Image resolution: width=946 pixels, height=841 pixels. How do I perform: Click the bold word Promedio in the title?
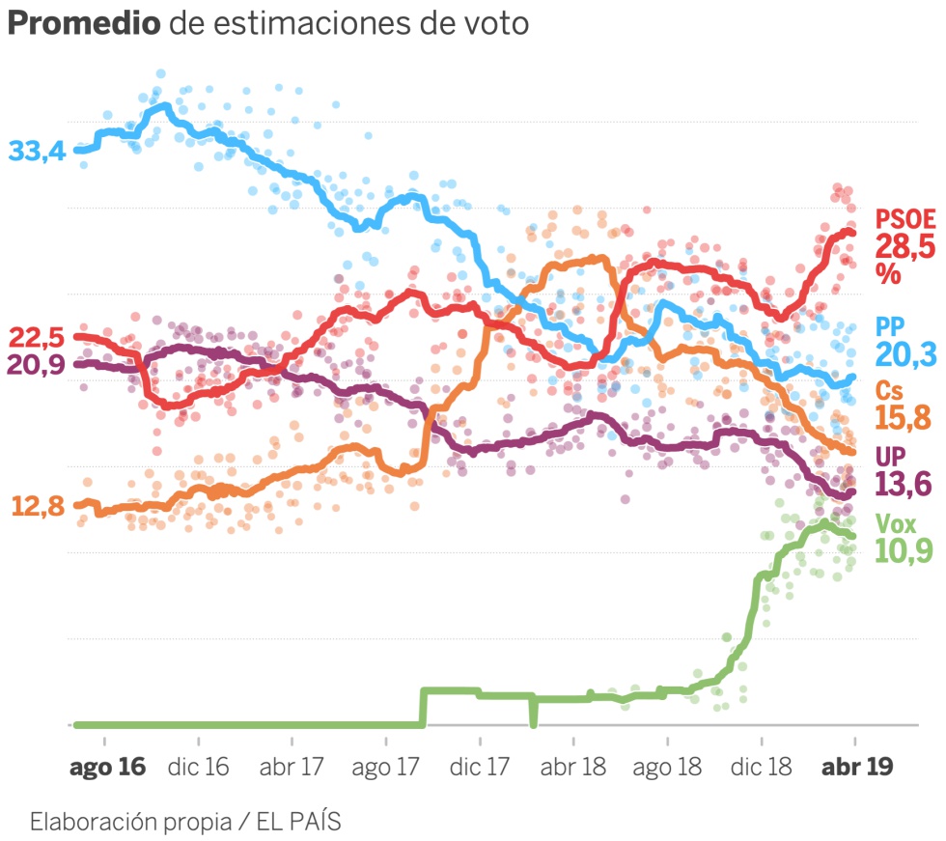coord(84,24)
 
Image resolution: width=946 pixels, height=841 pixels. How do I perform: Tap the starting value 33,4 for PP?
coord(37,152)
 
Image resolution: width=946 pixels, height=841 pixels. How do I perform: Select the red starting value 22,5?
coord(37,338)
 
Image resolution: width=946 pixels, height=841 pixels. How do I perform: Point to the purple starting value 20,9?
coord(37,365)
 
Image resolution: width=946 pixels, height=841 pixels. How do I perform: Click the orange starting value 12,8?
coord(37,505)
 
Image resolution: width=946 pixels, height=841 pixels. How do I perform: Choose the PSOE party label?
coord(905,219)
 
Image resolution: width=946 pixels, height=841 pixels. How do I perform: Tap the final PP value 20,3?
coord(905,354)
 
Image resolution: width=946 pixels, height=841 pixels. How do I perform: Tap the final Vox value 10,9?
coord(905,551)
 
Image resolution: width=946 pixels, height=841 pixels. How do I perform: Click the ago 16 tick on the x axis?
coord(107,767)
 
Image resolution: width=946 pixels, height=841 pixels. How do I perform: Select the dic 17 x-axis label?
coord(480,767)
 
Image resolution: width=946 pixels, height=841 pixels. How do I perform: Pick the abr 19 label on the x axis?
coord(855,767)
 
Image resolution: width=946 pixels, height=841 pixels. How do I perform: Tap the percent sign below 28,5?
coord(888,273)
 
